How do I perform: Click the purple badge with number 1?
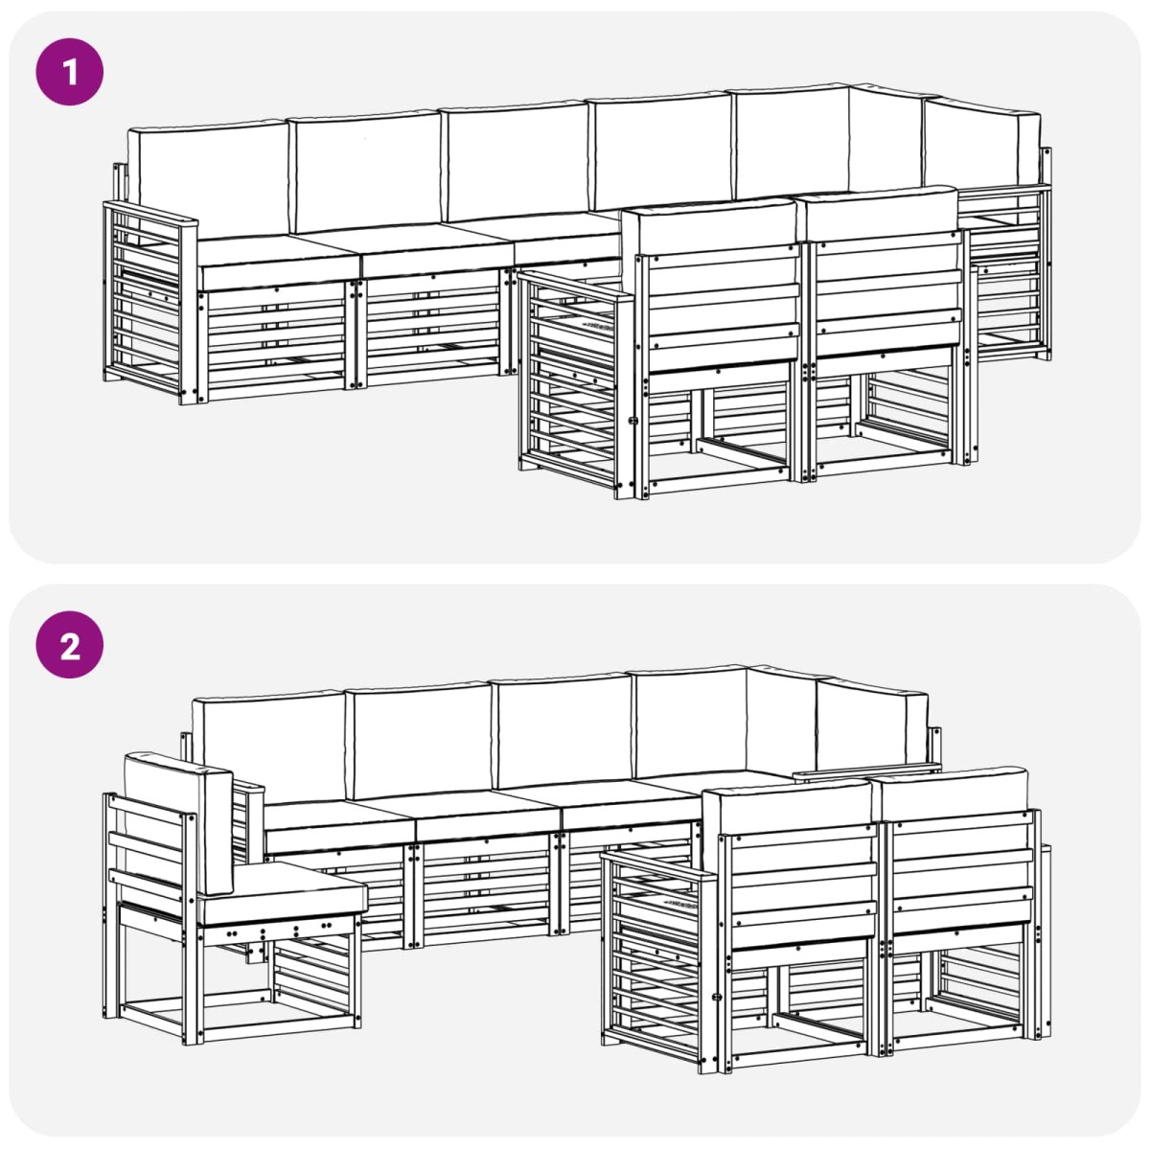tap(70, 72)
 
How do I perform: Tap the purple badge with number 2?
tap(70, 645)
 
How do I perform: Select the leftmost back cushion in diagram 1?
tap(208, 179)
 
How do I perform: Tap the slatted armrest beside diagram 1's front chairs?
tap(574, 382)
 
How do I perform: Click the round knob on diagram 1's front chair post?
tap(633, 422)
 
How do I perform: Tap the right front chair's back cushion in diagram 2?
tap(950, 791)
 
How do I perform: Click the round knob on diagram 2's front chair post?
tap(717, 997)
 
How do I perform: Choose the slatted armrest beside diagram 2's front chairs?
tap(656, 961)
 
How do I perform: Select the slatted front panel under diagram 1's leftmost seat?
tap(275, 339)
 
